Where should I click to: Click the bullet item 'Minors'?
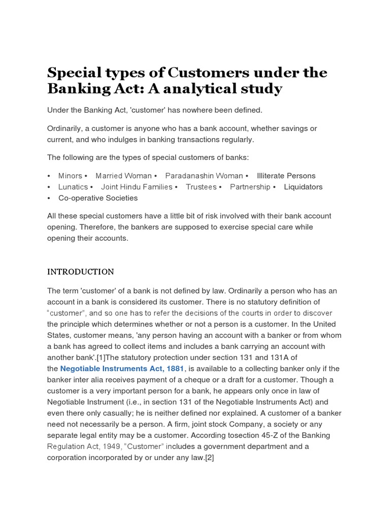point(70,176)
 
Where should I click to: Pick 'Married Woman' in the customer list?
point(123,176)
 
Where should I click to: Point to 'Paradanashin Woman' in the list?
point(204,176)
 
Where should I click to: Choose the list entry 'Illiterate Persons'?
point(286,176)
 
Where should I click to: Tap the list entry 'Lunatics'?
point(73,187)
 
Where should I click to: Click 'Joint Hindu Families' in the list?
point(137,187)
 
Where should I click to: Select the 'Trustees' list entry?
point(201,187)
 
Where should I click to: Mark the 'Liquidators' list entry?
point(303,187)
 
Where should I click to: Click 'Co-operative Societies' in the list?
point(91,198)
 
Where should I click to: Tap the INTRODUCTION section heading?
point(81,272)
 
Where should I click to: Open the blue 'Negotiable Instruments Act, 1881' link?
point(122,368)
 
